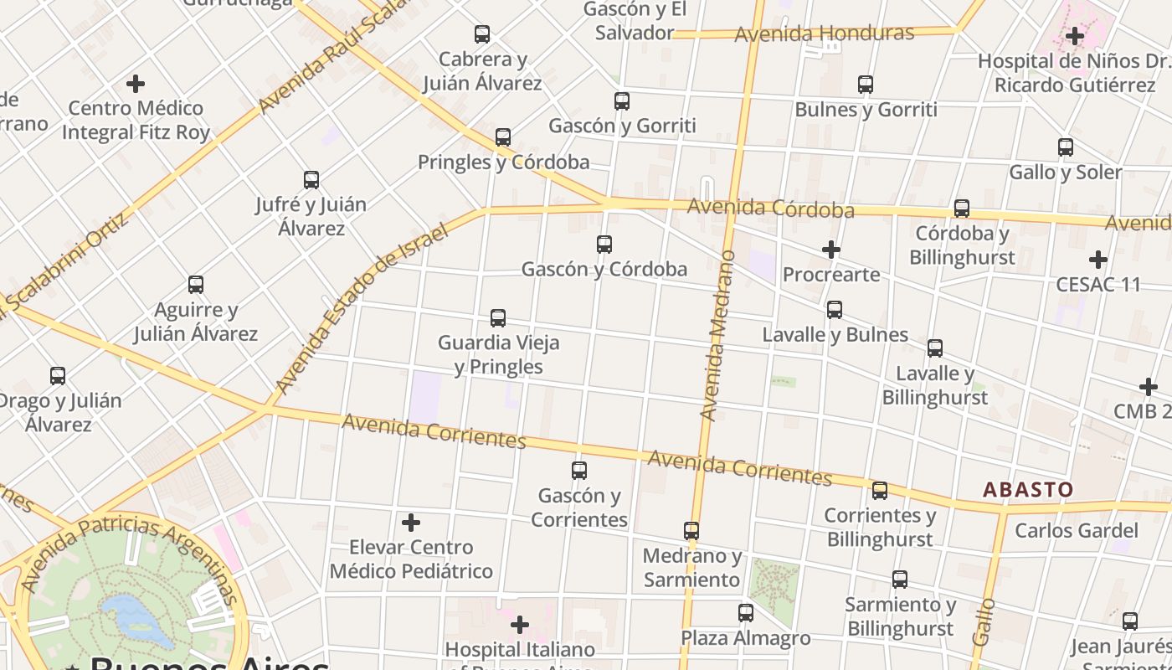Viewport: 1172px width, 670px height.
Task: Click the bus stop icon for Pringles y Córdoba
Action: (503, 137)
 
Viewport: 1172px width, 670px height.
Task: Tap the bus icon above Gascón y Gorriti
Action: (621, 101)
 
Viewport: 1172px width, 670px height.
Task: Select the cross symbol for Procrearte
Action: (830, 250)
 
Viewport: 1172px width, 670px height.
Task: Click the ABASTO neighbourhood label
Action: (1027, 490)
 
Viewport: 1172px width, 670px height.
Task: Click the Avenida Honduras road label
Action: (824, 33)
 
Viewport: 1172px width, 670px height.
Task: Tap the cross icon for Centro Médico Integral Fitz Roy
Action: (136, 84)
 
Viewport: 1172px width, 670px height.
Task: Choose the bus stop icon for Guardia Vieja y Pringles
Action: (498, 318)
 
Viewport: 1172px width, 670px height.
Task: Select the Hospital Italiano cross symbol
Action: (520, 625)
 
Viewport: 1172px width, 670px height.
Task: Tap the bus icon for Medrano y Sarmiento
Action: (691, 531)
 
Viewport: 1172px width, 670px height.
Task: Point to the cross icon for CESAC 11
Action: (1098, 260)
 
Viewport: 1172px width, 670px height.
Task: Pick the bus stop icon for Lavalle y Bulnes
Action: (835, 310)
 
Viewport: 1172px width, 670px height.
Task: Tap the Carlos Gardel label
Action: (1076, 530)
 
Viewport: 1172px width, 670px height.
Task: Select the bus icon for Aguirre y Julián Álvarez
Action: (196, 285)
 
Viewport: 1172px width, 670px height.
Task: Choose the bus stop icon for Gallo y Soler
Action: (1066, 147)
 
